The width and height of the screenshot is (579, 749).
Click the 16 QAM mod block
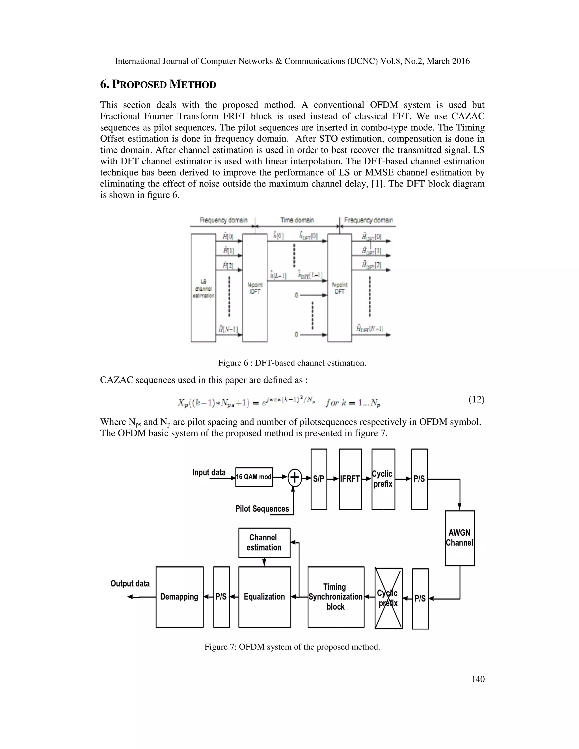tap(254, 477)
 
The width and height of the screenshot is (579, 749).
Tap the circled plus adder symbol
tap(294, 477)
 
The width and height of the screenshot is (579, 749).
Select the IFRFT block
tap(350, 479)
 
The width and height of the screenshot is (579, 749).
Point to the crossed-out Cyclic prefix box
tap(388, 598)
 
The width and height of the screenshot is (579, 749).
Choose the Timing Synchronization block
tap(336, 597)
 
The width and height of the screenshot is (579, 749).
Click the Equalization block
tap(264, 597)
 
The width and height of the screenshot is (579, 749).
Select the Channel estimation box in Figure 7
tap(264, 543)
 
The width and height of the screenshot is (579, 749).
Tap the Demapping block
tap(180, 597)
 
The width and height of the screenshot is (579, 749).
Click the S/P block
tap(319, 479)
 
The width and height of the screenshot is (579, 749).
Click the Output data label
tap(130, 583)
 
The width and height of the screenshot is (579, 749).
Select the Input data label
tap(209, 473)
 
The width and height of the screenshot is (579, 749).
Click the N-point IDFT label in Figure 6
tap(255, 288)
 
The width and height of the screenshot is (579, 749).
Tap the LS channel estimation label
tap(203, 288)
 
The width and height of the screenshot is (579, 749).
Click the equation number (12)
tap(476, 399)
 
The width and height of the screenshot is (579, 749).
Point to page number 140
tap(478, 679)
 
